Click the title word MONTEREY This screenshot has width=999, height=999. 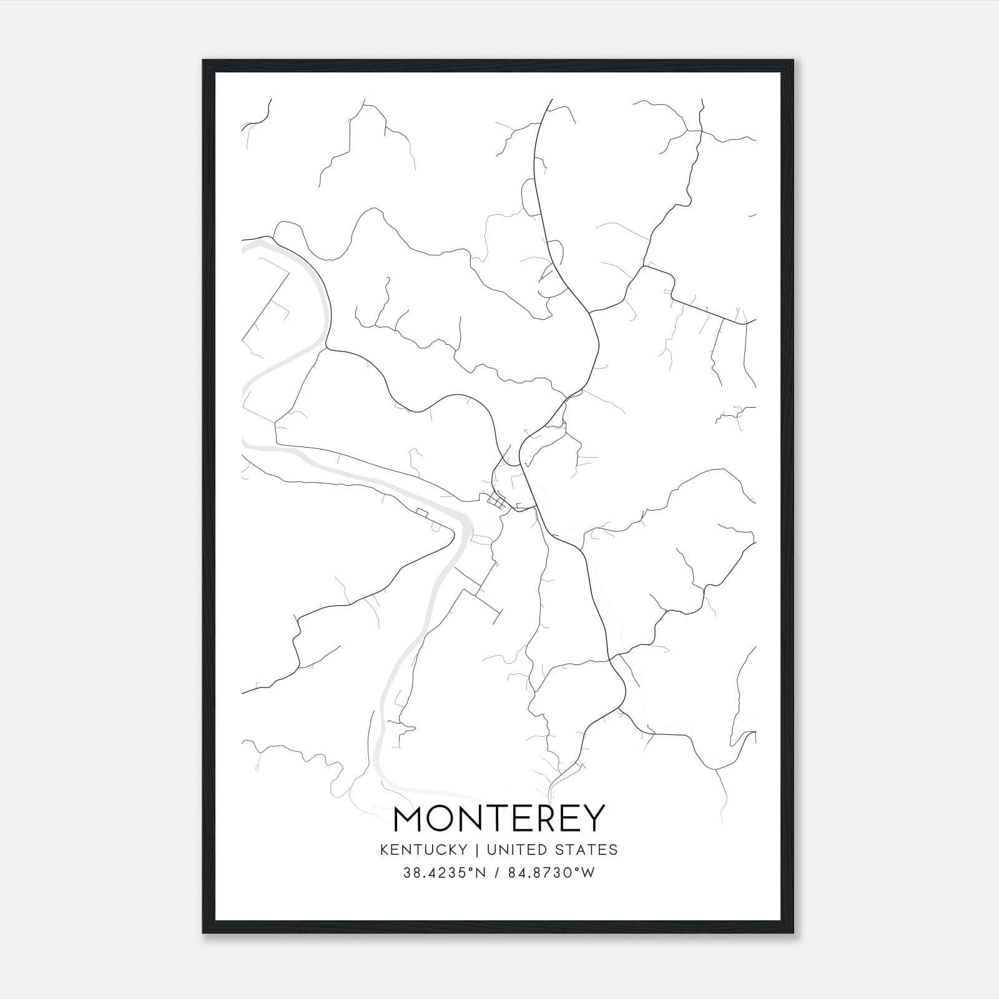click(499, 819)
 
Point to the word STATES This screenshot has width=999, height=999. click(588, 849)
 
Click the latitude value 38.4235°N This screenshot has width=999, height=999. click(445, 873)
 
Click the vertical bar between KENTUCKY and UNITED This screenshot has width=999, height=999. click(476, 849)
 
